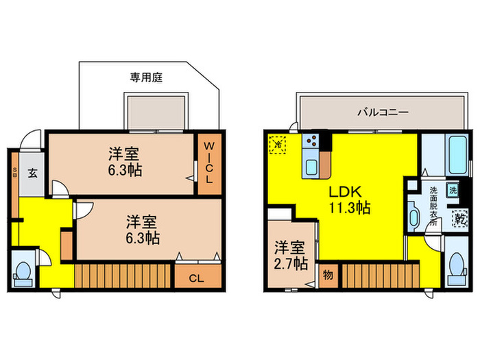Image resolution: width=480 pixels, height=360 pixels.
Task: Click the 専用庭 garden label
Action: (x=149, y=78)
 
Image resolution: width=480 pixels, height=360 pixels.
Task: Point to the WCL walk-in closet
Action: (x=208, y=161)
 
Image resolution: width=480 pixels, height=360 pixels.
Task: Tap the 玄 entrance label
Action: (x=32, y=173)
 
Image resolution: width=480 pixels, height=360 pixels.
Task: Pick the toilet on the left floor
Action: (x=23, y=272)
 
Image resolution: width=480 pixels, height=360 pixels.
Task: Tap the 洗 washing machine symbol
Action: (x=453, y=190)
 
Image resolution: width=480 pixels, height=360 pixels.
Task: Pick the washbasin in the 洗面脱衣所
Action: (x=413, y=219)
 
